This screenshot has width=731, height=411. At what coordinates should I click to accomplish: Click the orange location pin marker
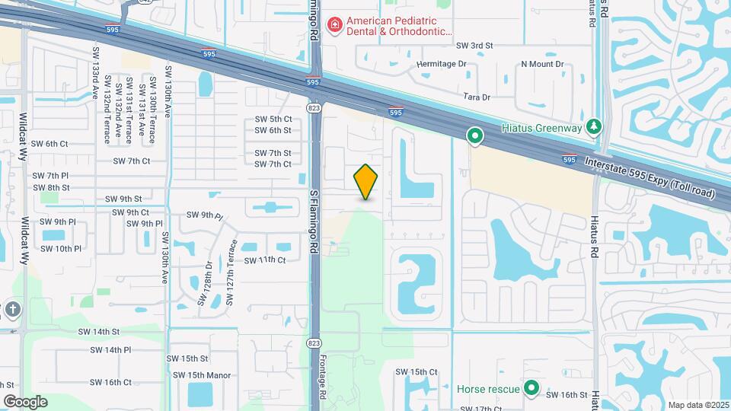click(366, 181)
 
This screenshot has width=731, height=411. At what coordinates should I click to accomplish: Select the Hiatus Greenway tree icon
click(596, 127)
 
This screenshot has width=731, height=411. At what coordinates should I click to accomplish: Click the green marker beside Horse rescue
click(532, 389)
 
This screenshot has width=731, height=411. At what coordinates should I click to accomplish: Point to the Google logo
click(25, 401)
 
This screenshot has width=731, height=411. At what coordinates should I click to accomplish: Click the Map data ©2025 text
click(698, 405)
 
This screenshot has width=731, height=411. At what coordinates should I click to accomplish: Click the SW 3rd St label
click(475, 46)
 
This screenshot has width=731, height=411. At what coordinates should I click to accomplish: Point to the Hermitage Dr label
click(441, 65)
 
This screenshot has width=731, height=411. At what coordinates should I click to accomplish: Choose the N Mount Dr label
click(542, 65)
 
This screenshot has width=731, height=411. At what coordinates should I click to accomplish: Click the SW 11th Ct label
click(264, 260)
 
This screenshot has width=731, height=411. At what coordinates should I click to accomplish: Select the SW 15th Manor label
click(201, 374)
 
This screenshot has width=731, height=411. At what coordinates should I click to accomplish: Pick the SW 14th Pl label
click(110, 350)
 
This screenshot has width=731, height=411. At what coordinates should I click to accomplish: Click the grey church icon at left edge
click(11, 309)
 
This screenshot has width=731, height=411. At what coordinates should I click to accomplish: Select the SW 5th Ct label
click(273, 119)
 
